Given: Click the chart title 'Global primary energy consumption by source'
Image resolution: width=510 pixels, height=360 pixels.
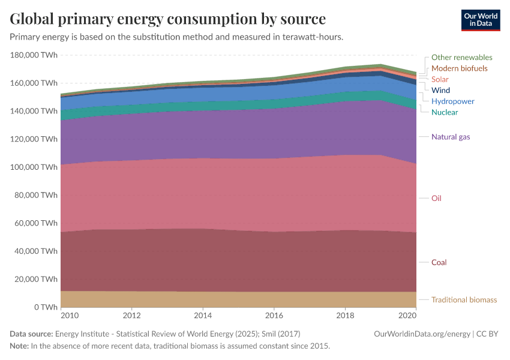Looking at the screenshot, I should click(167, 19).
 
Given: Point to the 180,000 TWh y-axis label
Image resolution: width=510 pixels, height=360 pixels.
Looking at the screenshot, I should click(34, 55).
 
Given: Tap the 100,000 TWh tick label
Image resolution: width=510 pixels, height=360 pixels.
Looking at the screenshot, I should click(34, 167).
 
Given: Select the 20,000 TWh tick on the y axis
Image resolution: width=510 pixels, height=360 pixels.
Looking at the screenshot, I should click(35, 279).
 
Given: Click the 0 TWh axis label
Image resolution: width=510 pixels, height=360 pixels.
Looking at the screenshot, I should click(45, 307).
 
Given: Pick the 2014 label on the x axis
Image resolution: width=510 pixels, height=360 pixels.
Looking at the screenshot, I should click(203, 315).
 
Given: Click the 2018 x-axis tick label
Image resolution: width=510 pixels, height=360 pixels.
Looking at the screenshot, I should click(345, 315).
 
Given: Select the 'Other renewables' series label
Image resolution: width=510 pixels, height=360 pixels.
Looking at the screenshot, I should click(461, 58).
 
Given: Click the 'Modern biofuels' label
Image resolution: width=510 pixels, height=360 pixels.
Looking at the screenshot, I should click(459, 68).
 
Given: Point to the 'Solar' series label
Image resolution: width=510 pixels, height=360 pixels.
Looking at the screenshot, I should click(440, 79).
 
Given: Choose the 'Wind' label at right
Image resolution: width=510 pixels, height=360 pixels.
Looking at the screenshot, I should click(440, 91).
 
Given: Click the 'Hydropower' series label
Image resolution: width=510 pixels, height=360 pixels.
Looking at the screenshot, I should click(452, 101).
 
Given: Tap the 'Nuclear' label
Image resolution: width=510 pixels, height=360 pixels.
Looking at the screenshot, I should click(445, 112).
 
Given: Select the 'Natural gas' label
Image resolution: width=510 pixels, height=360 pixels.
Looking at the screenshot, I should click(451, 137).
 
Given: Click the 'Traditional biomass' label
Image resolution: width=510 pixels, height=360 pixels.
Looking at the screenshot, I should click(464, 300).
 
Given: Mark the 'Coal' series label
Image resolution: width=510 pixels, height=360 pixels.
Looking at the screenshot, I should click(439, 263).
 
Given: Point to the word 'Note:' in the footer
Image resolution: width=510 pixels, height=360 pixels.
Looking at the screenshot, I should click(19, 346).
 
